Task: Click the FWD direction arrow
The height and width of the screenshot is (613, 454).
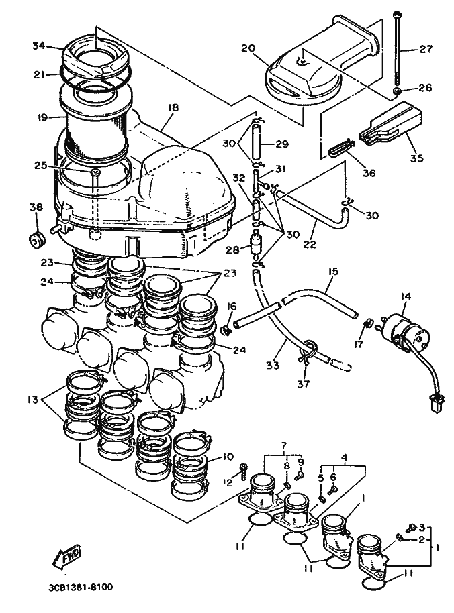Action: [x=67, y=555]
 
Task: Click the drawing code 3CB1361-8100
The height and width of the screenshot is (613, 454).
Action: [x=81, y=588]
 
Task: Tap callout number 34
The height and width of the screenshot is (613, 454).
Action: [x=39, y=46]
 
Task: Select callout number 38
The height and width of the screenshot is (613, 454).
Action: [x=36, y=207]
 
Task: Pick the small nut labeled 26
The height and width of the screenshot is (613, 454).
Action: [x=398, y=91]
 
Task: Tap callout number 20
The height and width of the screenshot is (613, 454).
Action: [x=248, y=48]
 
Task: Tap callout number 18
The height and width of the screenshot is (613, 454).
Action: [x=173, y=107]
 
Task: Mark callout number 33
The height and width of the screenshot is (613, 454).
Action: [x=273, y=365]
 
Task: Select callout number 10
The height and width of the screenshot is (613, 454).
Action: [x=228, y=457]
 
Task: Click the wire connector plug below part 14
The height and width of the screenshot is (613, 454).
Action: [x=437, y=402]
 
